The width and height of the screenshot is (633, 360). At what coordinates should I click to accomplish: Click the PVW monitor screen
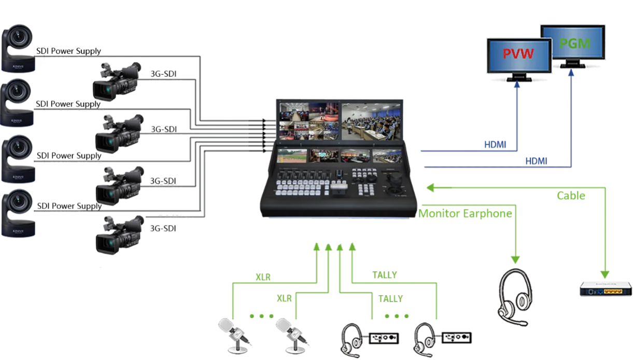point(518,54)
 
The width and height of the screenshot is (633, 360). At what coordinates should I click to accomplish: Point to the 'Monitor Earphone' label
point(466,213)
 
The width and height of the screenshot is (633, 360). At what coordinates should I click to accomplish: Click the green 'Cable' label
point(571,196)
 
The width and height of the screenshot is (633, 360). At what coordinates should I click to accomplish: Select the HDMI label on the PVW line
point(496,145)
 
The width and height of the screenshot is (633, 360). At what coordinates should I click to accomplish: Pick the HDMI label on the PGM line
point(536,161)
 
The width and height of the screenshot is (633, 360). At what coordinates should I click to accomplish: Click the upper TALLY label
point(385,275)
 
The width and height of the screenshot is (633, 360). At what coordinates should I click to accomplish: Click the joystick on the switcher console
point(396,182)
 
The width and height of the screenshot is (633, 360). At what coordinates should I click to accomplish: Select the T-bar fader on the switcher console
point(339,187)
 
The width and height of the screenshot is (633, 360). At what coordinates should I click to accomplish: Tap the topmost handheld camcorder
point(117,80)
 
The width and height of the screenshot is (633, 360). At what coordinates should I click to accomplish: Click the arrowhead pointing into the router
point(604,273)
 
